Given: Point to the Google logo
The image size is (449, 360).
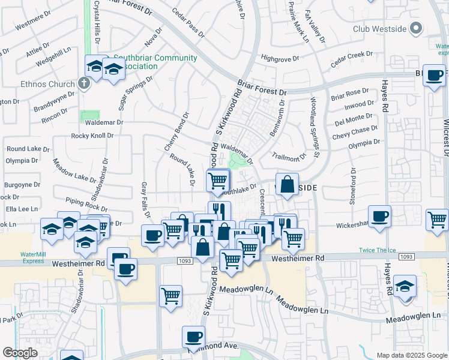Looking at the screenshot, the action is point(20,353).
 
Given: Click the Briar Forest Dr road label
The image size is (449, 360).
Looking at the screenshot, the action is point(262,88).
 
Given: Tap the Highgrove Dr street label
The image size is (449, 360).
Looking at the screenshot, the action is point(282,58).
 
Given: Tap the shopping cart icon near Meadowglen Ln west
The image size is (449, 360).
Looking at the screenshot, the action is point(171,295).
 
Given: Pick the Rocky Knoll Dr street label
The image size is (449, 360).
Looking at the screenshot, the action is point(92,136).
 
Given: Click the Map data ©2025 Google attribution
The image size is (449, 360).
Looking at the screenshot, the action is point(411,355).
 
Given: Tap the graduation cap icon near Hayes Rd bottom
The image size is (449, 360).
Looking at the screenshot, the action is point(405,284).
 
